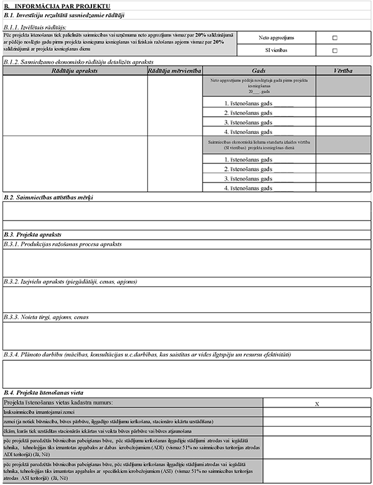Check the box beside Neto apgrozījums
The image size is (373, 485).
click(335, 38)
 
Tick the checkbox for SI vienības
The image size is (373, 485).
click(335, 50)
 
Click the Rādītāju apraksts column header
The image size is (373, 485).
click(73, 71)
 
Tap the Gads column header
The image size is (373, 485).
click(259, 71)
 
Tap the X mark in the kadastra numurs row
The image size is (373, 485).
click(318, 404)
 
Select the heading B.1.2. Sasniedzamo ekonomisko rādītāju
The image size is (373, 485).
click(78, 62)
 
